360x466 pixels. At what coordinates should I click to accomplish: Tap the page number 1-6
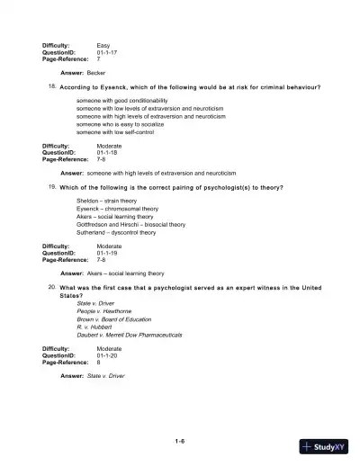coord(180,441)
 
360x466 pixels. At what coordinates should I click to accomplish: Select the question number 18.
coord(52,87)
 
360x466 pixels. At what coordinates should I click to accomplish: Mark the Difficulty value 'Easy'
coord(103,44)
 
